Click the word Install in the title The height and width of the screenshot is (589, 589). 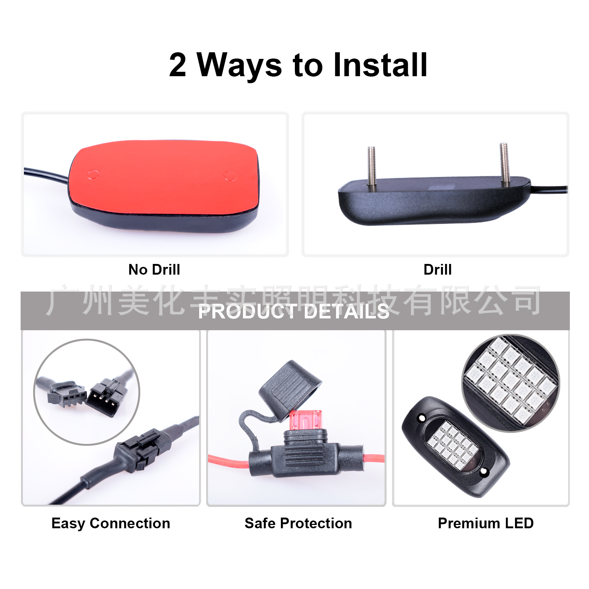coord(380,65)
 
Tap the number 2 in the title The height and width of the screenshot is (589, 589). coord(177,65)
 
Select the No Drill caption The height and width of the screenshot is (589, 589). coord(154,269)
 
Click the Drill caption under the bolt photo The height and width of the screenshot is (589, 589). coord(437,269)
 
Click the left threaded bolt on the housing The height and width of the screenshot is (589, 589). coord(371,166)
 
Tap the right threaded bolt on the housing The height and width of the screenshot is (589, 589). coord(504,163)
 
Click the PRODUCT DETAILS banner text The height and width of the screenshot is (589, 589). coord(293,312)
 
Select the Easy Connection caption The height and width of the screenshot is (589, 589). coord(111,523)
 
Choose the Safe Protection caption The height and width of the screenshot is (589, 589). coord(298,523)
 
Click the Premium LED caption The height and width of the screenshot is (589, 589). coord(486,523)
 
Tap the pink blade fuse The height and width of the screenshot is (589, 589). coord(305,420)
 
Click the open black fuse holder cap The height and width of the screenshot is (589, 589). coord(290,390)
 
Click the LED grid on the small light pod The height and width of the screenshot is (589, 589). coord(453,445)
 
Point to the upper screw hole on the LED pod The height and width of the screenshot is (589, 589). coord(422,418)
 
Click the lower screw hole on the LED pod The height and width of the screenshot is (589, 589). coord(484,471)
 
